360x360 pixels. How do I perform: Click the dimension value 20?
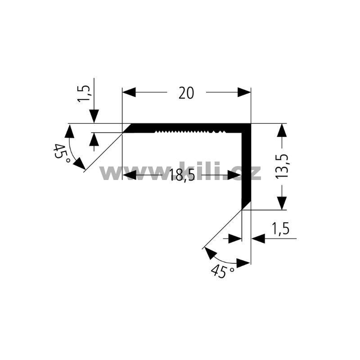[186, 93]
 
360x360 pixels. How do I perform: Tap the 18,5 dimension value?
[182, 175]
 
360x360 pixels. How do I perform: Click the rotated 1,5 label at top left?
[84, 94]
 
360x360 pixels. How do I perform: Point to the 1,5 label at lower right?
[280, 229]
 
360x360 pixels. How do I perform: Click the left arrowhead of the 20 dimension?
[129, 92]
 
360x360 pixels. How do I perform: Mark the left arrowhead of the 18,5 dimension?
[130, 175]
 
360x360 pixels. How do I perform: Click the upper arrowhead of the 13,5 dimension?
[282, 130]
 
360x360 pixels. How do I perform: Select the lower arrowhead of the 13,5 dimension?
[282, 203]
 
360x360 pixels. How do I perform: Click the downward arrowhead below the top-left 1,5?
[94, 117]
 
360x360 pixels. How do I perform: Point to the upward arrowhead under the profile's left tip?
[94, 139]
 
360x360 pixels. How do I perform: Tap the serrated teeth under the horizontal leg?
[190, 132]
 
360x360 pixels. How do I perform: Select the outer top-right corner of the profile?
[251, 124]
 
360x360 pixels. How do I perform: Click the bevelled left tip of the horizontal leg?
[127, 128]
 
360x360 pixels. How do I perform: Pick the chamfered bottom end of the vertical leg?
[246, 205]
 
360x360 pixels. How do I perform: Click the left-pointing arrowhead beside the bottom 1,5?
[258, 239]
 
